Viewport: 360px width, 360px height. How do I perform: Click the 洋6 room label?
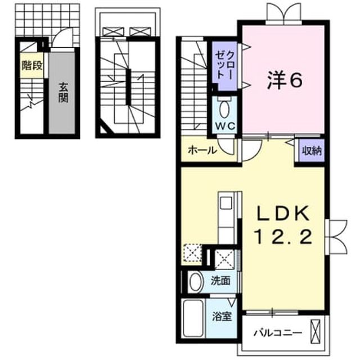click(x=285, y=80)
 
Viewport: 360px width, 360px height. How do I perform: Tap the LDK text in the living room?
click(x=283, y=214)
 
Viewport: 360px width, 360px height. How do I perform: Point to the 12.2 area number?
click(x=283, y=237)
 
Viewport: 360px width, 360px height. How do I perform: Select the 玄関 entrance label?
click(x=63, y=93)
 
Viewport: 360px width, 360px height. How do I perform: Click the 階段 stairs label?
click(x=32, y=66)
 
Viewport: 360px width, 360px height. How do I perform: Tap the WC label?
click(x=225, y=125)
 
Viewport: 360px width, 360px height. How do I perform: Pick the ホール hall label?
click(x=202, y=150)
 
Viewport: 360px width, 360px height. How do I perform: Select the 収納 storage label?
click(x=312, y=151)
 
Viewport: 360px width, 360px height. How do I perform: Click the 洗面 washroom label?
click(x=220, y=281)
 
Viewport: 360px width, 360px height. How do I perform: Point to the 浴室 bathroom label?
click(x=222, y=317)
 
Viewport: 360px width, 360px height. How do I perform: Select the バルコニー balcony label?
click(x=277, y=333)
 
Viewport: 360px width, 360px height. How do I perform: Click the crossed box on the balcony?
click(x=315, y=331)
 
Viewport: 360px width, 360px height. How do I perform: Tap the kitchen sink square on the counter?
click(x=226, y=202)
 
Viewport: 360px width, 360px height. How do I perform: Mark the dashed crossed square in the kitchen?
click(x=192, y=254)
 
